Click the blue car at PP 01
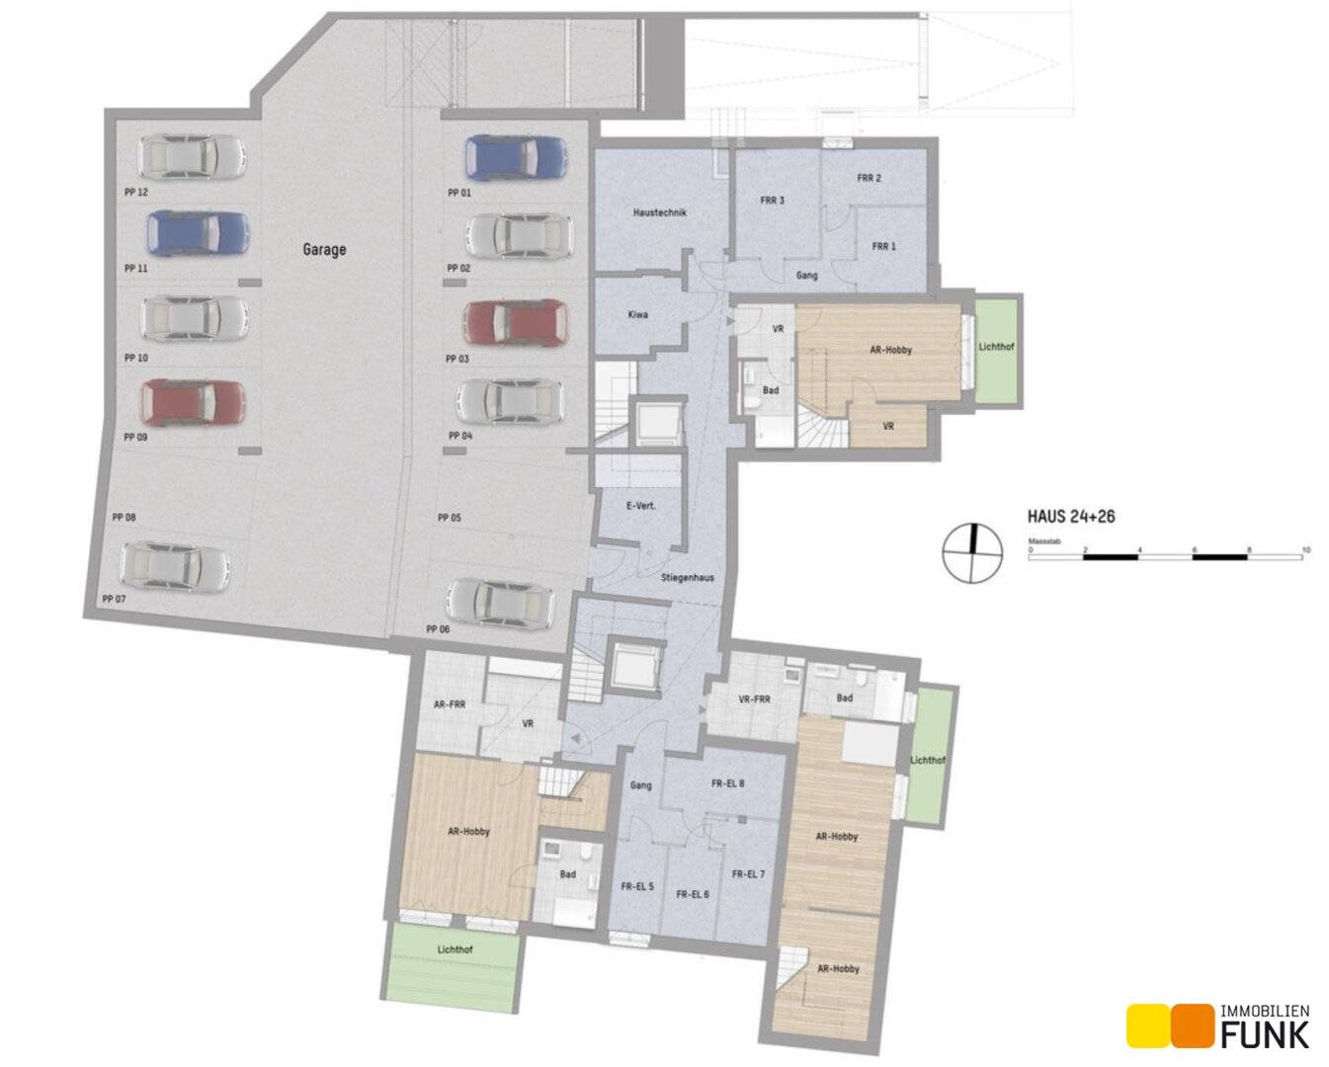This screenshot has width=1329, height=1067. click(516, 157)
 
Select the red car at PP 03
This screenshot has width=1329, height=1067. click(516, 322)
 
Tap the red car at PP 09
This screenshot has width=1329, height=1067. click(193, 402)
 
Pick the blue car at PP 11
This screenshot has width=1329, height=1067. click(199, 233)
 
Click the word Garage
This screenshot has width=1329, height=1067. click(324, 249)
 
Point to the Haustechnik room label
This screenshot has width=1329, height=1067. click(660, 212)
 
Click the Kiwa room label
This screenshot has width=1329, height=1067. click(638, 315)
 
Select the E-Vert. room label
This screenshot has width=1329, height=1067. click(641, 506)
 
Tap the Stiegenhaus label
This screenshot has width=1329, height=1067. click(688, 578)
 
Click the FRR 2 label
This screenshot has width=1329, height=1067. click(869, 178)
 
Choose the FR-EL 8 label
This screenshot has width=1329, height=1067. click(727, 783)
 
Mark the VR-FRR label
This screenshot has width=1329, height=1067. click(754, 699)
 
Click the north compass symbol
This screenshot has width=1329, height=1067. click(972, 553)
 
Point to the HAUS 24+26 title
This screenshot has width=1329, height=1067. click(1071, 516)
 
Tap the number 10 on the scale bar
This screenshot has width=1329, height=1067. click(1305, 549)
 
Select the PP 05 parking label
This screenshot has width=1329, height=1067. click(450, 518)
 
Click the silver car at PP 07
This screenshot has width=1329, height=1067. click(176, 567)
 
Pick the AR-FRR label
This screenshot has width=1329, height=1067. click(450, 703)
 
